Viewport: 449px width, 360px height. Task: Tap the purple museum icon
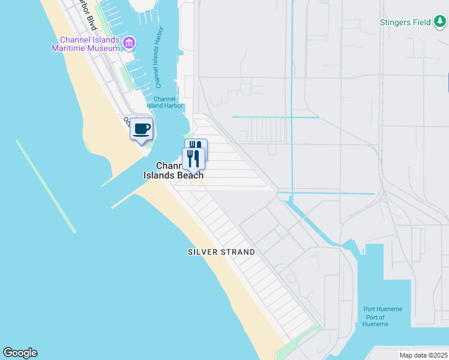tap(129, 43)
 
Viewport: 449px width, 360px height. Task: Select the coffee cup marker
tap(142, 129)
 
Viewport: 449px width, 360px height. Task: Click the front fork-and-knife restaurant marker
tap(193, 158)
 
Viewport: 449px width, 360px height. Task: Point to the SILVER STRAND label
tap(221, 253)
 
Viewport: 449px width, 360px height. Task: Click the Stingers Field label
tap(405, 22)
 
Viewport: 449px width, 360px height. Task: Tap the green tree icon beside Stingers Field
tap(440, 22)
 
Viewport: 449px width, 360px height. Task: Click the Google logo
tap(20, 353)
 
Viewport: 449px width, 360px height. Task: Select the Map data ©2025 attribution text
tap(423, 355)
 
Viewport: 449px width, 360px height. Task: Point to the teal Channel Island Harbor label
tap(164, 103)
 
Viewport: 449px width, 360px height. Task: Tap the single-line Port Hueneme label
tap(383, 309)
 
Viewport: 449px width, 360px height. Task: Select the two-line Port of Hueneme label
tap(375, 320)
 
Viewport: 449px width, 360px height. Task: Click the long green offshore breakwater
tap(46, 186)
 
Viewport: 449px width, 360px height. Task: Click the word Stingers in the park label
tap(394, 22)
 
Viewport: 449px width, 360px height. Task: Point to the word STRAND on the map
tap(238, 253)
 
